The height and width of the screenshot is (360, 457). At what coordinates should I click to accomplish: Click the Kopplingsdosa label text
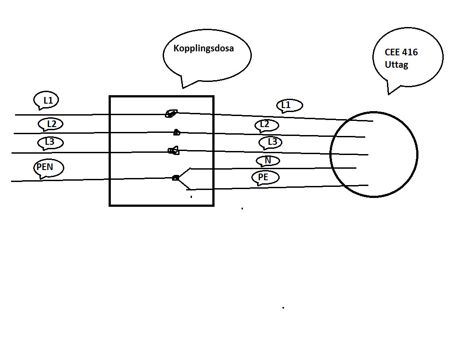point(203,49)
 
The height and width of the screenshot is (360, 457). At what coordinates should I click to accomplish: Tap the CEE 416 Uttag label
point(401,58)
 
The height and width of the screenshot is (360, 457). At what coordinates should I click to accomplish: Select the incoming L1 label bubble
point(47,101)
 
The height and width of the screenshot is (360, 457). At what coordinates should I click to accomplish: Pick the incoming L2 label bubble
point(51,124)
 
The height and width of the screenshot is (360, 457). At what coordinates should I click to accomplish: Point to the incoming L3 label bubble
point(51,143)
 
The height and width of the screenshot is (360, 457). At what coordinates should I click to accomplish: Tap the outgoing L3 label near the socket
point(272,142)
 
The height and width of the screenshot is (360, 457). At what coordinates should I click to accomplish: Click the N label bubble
point(268,160)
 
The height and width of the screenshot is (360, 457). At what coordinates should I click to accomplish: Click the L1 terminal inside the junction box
point(171,113)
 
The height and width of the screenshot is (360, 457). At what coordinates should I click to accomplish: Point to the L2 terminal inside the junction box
point(176,132)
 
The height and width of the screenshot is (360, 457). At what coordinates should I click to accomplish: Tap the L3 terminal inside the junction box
point(173,151)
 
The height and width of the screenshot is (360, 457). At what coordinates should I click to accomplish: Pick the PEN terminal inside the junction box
point(176,178)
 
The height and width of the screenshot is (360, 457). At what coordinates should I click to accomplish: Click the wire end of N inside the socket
point(355,168)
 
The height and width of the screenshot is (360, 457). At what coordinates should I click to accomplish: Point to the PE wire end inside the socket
point(367,185)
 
